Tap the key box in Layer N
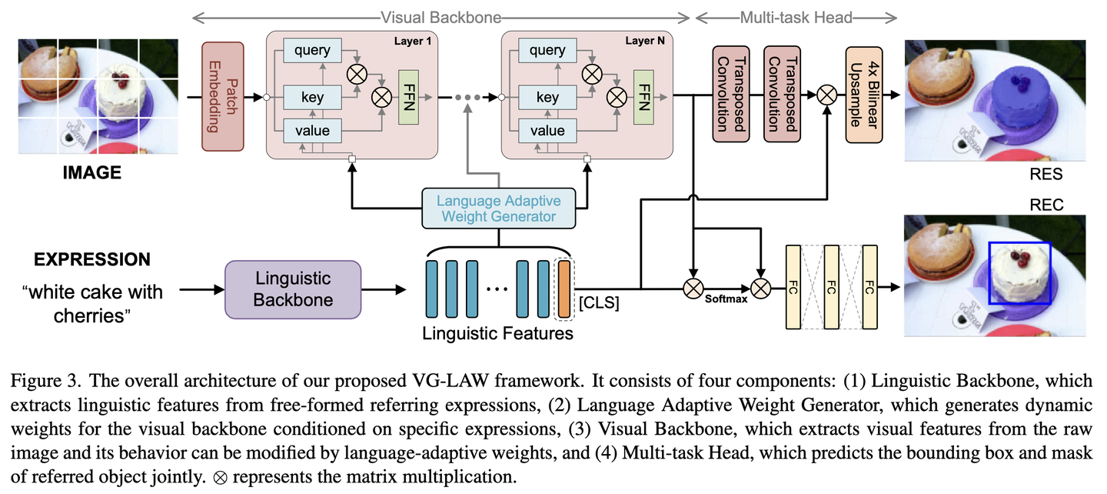pyautogui.click(x=547, y=98)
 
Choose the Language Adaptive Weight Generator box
pyautogui.click(x=498, y=209)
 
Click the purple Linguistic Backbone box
pyautogui.click(x=292, y=289)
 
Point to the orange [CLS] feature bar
pyautogui.click(x=564, y=289)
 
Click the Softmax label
pyautogui.click(x=726, y=299)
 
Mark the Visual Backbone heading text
pyautogui.click(x=441, y=17)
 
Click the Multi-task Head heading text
pyautogui.click(x=796, y=17)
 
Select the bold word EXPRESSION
pyautogui.click(x=92, y=259)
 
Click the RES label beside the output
pyautogui.click(x=1045, y=175)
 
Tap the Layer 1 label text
pyautogui.click(x=412, y=42)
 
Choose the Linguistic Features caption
pyautogui.click(x=498, y=334)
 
